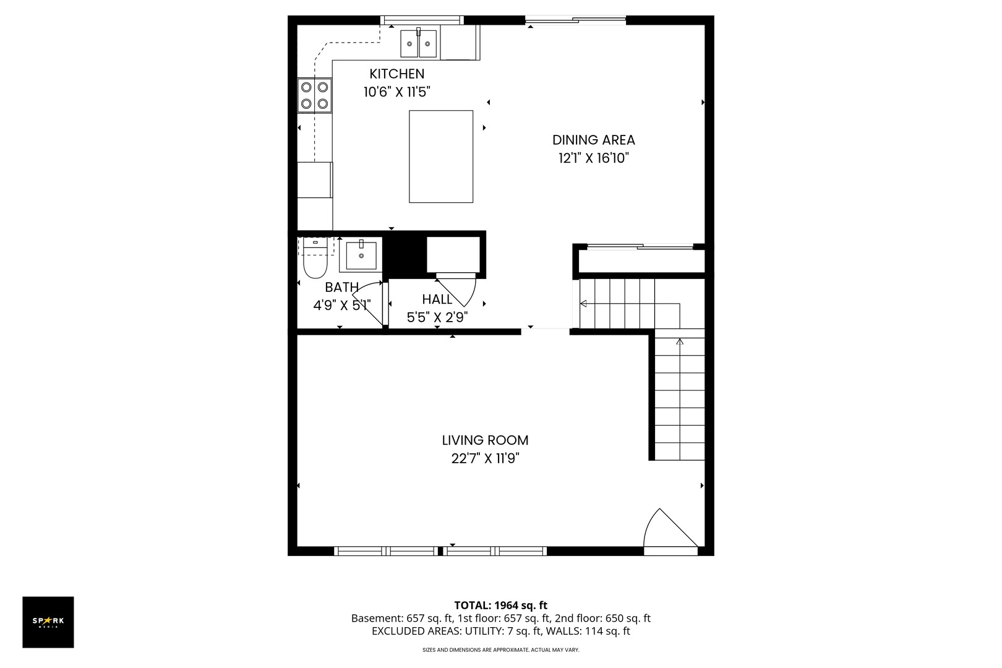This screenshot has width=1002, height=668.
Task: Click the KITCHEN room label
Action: [x=396, y=74]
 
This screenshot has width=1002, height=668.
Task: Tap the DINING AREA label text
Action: [x=594, y=140]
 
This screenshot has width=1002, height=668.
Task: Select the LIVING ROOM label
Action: [x=486, y=440]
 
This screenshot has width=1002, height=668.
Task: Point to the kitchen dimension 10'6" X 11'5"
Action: [x=396, y=92]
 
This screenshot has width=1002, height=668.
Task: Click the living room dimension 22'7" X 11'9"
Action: [x=486, y=458]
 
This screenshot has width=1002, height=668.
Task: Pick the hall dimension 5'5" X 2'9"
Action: [x=437, y=317]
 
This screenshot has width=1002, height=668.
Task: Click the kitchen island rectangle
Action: [x=441, y=156]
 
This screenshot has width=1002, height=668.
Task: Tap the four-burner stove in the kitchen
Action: [x=314, y=95]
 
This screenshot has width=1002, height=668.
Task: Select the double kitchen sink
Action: [x=418, y=43]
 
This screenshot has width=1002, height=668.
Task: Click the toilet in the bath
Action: [x=315, y=258]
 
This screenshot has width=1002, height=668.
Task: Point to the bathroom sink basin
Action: [x=361, y=255]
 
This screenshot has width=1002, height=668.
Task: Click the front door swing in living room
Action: [x=670, y=528]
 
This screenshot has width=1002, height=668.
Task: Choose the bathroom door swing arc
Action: [x=367, y=304]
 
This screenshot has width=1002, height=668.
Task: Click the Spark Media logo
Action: [x=48, y=622]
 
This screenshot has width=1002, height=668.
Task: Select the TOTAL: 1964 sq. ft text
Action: [x=500, y=606]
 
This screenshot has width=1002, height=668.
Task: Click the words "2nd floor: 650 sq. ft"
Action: [x=602, y=619]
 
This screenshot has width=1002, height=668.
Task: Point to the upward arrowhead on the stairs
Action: [x=680, y=342]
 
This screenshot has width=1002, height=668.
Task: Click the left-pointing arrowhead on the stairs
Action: [x=583, y=304]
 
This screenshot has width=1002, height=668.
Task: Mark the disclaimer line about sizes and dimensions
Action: [x=500, y=649]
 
